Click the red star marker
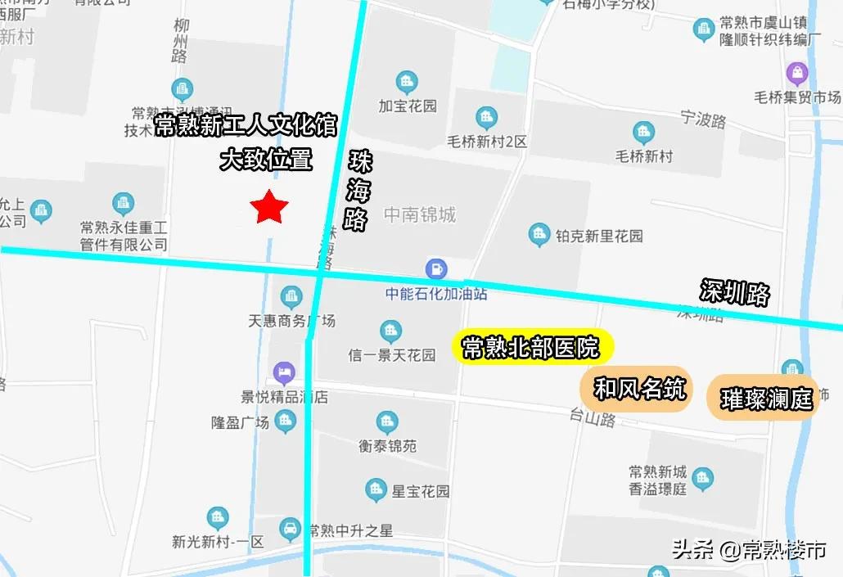(268, 208)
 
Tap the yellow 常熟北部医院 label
(530, 347)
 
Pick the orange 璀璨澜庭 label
(765, 398)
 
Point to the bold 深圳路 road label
(735, 292)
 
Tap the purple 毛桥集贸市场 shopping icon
(796, 74)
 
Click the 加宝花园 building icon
(407, 82)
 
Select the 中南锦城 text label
(420, 215)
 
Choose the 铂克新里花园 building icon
(539, 236)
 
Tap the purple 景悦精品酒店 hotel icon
(285, 374)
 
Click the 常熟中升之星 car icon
(290, 530)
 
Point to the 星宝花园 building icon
(376, 491)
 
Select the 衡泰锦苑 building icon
(388, 423)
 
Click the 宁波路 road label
(704, 120)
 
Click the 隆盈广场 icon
(285, 422)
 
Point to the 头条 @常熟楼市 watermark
(748, 549)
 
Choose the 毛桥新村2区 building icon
(486, 118)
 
